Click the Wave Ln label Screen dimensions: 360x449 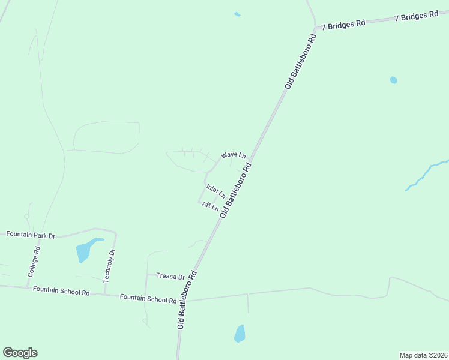233,155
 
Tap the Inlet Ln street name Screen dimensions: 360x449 215,191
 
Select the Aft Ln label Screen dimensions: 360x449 210,206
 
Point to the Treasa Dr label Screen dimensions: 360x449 170,276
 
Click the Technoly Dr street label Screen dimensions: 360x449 108,266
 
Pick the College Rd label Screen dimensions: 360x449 34,262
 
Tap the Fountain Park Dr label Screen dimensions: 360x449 31,235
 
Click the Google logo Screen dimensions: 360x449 20,353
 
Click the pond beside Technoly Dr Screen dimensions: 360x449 84,251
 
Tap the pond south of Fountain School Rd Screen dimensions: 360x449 240,334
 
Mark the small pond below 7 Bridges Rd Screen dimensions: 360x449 393,80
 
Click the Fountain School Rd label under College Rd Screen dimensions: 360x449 61,291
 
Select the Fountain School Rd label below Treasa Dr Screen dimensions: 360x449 148,298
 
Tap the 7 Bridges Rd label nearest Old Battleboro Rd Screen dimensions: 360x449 343,25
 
